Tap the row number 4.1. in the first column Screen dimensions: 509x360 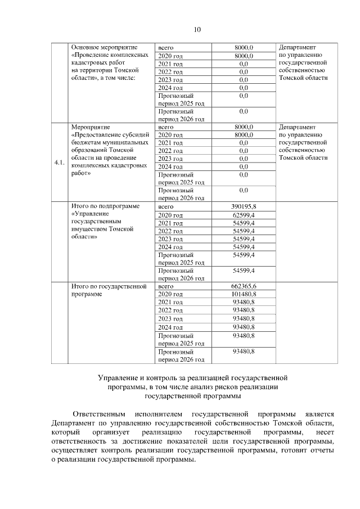point(59,163)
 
